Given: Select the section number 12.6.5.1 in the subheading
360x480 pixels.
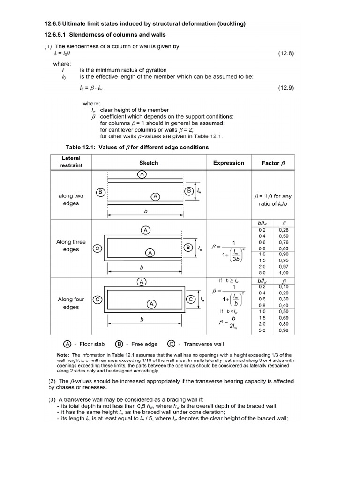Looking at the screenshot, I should click(x=60, y=35).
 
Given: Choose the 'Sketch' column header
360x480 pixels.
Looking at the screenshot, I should click(x=149, y=163).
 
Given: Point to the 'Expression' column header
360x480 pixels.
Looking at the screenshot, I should click(x=229, y=163).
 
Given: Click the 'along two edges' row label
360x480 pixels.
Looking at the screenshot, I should click(x=71, y=200).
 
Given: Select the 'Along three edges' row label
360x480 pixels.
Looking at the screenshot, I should click(x=71, y=246).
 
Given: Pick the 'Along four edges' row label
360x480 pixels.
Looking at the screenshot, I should click(x=71, y=303).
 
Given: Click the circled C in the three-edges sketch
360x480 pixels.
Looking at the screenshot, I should click(x=98, y=249).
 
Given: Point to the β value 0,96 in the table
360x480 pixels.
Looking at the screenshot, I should click(x=284, y=330).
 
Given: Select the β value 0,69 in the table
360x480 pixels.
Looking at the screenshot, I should click(x=284, y=317).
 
